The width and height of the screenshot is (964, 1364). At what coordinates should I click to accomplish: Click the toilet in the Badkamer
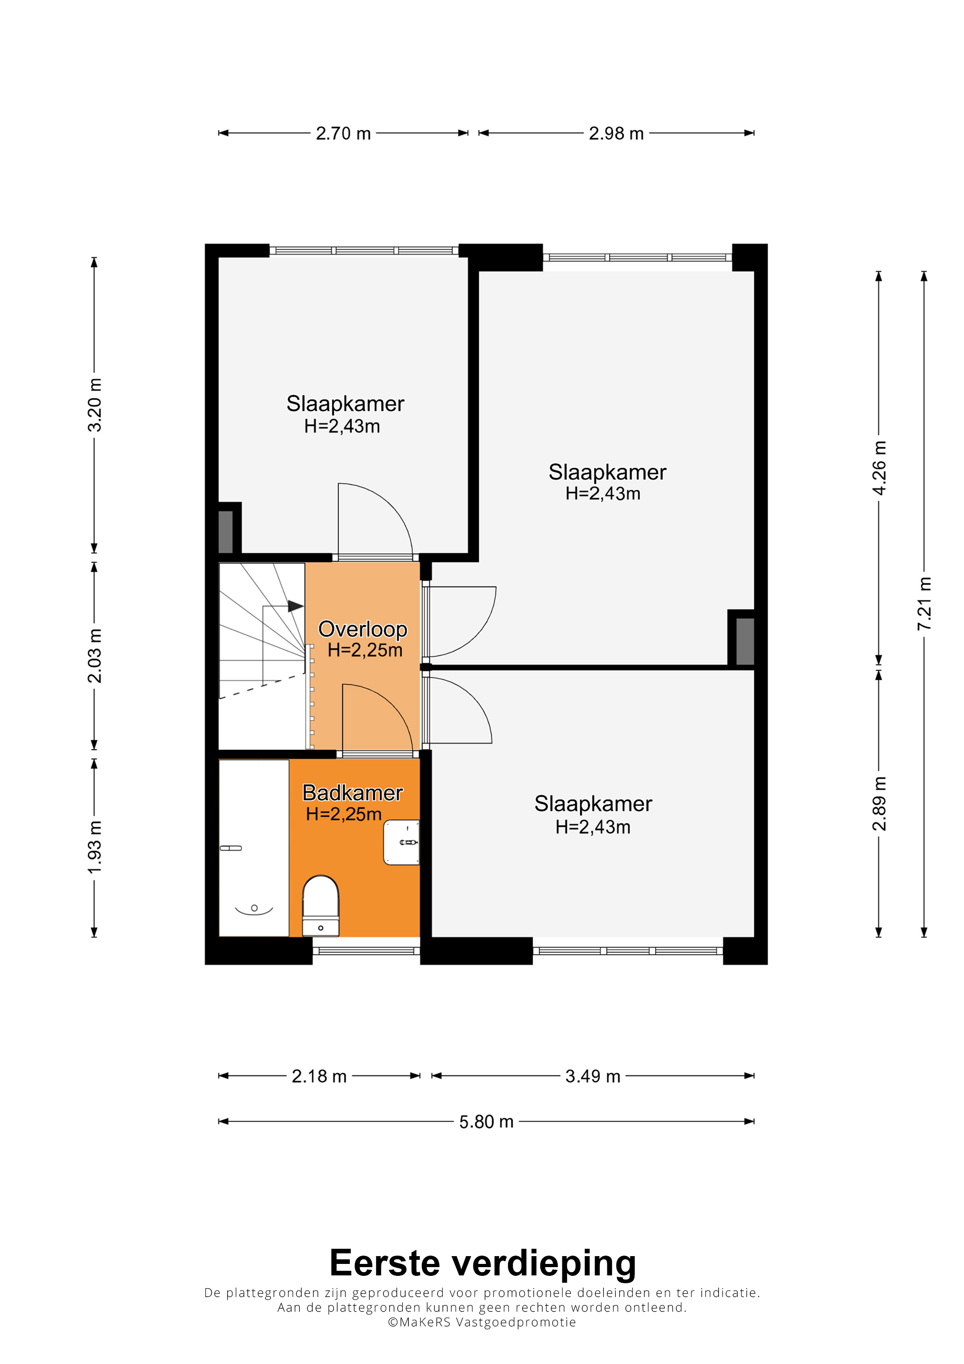click(x=321, y=906)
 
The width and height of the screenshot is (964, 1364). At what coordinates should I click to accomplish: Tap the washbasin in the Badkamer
click(x=402, y=842)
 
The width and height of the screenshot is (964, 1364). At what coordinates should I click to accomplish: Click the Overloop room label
click(x=363, y=629)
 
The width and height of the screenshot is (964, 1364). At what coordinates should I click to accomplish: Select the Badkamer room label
click(x=353, y=792)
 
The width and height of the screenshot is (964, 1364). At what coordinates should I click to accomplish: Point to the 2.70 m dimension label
click(x=343, y=134)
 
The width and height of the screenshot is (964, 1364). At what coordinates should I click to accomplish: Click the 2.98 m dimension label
click(x=617, y=134)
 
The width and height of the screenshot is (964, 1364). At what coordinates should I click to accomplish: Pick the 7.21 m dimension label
click(x=924, y=604)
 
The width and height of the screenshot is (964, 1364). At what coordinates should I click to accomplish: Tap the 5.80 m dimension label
click(x=487, y=1122)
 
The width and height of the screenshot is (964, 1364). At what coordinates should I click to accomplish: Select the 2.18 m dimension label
click(x=319, y=1076)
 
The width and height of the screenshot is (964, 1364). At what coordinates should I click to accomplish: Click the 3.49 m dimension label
click(x=593, y=1076)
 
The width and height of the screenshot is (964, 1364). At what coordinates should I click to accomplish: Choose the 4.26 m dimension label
click(x=879, y=468)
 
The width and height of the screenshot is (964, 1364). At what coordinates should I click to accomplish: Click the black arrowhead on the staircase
click(x=296, y=606)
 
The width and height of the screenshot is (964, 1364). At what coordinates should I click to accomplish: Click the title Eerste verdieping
click(x=483, y=1263)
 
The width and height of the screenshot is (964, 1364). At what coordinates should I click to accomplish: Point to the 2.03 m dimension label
click(x=95, y=656)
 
